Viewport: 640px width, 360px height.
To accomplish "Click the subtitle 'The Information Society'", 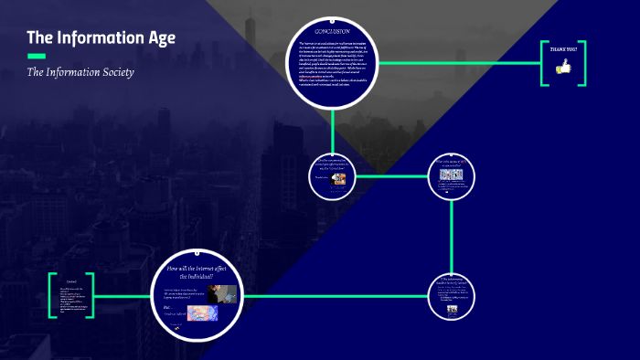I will [80, 72].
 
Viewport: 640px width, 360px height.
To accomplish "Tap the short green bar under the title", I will [37, 56].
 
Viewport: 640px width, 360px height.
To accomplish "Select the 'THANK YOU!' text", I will [564, 48].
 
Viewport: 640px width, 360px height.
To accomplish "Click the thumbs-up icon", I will [563, 66].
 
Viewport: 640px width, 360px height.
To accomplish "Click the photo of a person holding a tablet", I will [222, 293].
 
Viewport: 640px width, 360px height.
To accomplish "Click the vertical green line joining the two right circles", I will [453, 238].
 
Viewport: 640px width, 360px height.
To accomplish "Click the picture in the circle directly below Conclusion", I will [339, 180].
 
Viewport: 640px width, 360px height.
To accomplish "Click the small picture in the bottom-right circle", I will [452, 308].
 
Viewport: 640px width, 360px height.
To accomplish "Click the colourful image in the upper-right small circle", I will [452, 175].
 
